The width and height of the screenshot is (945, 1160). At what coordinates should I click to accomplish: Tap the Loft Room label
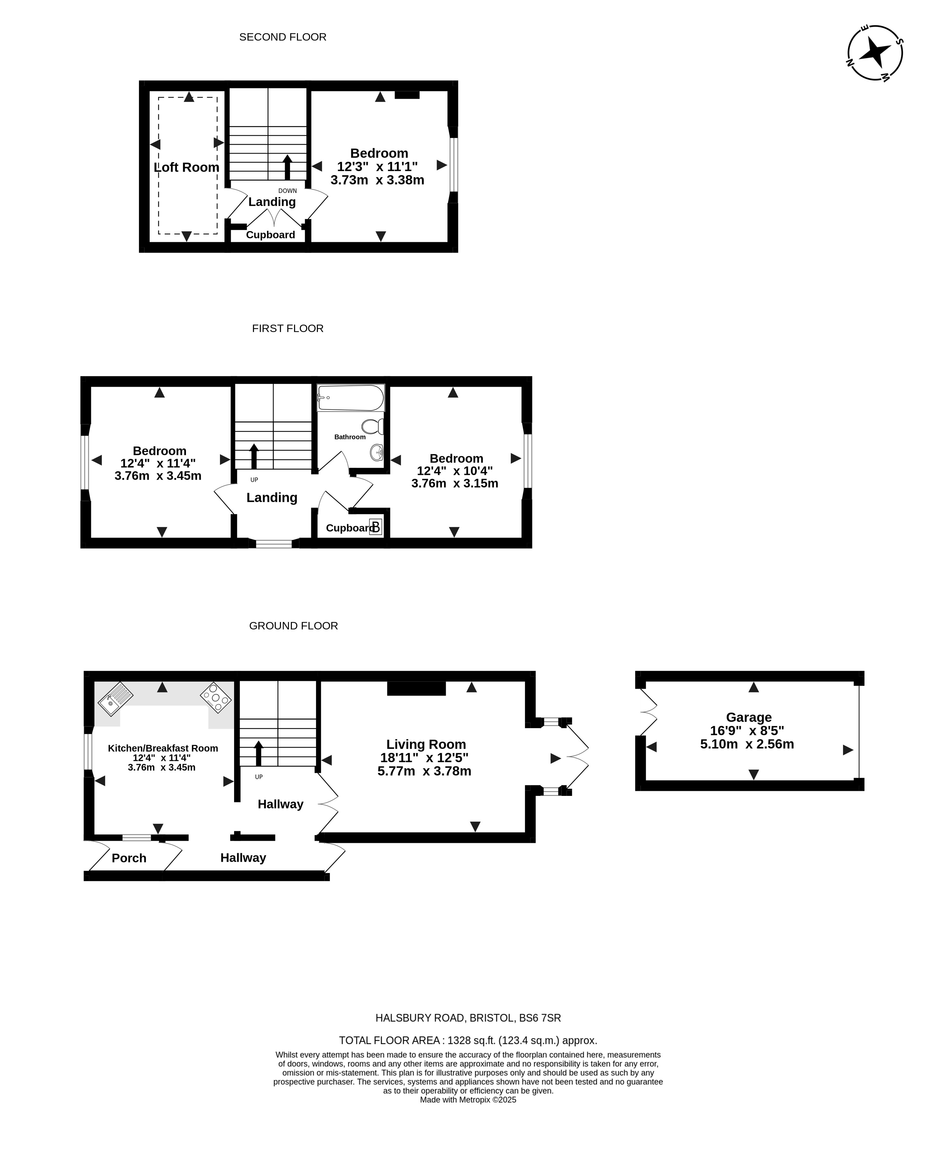click(x=186, y=167)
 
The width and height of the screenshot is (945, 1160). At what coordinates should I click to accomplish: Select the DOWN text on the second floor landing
click(x=287, y=190)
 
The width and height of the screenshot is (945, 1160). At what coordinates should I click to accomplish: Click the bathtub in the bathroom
click(x=351, y=398)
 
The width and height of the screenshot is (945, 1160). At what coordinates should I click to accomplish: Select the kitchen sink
click(x=115, y=699)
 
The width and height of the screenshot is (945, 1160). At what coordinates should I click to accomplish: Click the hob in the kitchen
click(x=216, y=697)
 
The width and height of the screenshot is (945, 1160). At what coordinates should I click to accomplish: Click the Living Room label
click(x=426, y=744)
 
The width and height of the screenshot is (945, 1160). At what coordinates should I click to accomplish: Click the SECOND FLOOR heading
click(x=283, y=37)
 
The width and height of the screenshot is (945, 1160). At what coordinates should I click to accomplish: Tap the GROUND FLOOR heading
click(x=293, y=626)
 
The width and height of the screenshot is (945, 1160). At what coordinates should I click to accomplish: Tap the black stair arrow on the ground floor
click(x=258, y=754)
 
